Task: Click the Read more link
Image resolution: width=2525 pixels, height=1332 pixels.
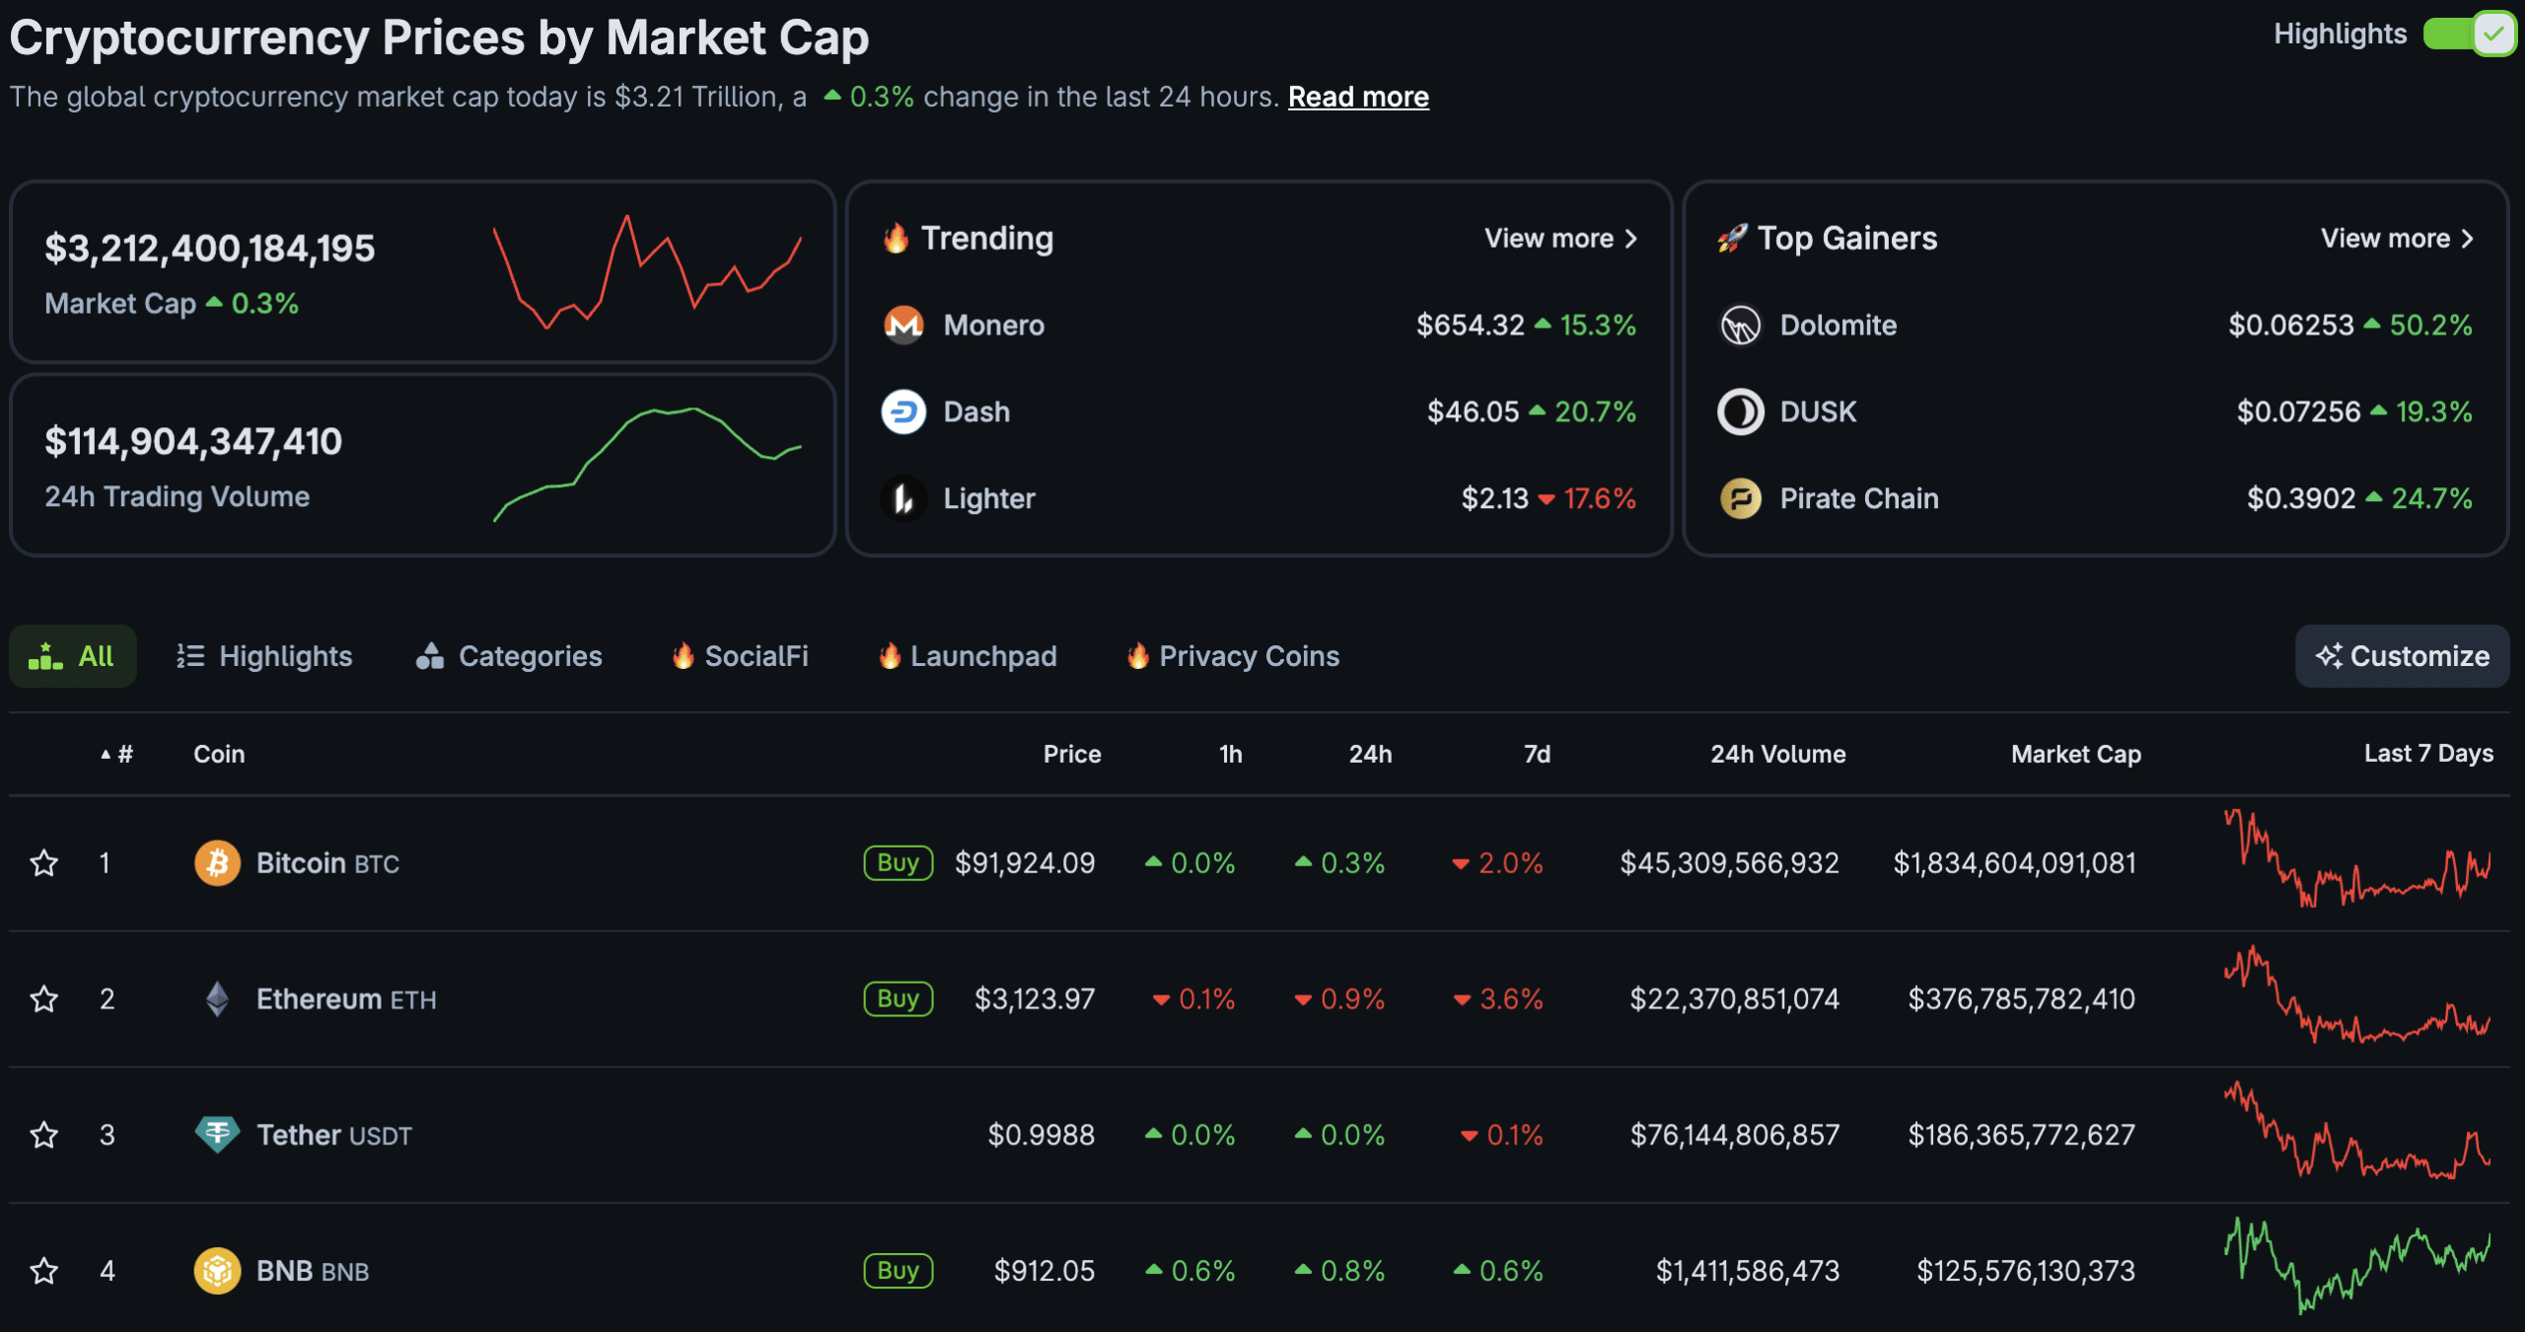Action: pos(1357,97)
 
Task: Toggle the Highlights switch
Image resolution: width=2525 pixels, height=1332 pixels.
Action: pos(2469,35)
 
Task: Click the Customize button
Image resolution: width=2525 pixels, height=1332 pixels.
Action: pos(2402,656)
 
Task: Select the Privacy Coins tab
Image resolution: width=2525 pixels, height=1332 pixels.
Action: pos(1233,656)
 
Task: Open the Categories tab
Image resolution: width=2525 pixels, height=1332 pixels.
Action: pos(509,656)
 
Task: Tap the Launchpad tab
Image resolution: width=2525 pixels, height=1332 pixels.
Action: pos(968,656)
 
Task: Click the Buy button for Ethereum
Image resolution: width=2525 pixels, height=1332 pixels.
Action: pos(898,999)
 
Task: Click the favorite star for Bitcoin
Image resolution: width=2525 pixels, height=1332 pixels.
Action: pos(44,863)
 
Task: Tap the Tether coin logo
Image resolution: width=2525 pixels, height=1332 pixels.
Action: pos(217,1135)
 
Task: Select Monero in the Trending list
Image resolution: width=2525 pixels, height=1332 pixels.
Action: pos(993,325)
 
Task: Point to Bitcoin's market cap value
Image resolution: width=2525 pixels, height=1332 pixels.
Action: pos(2014,863)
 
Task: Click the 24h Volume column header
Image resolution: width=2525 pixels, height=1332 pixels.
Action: pos(1777,754)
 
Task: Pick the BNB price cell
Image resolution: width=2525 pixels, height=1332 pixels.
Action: pos(1044,1271)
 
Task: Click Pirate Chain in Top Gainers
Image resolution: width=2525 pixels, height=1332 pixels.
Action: pos(1858,498)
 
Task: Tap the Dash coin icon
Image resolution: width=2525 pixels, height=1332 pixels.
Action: pos(903,411)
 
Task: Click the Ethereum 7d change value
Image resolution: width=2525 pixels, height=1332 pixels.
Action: pos(1499,999)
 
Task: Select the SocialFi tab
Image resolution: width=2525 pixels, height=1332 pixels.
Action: pos(740,656)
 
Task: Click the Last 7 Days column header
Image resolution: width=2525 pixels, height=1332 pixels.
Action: pos(2428,754)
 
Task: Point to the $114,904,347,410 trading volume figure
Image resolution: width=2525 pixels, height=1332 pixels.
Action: pos(193,441)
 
